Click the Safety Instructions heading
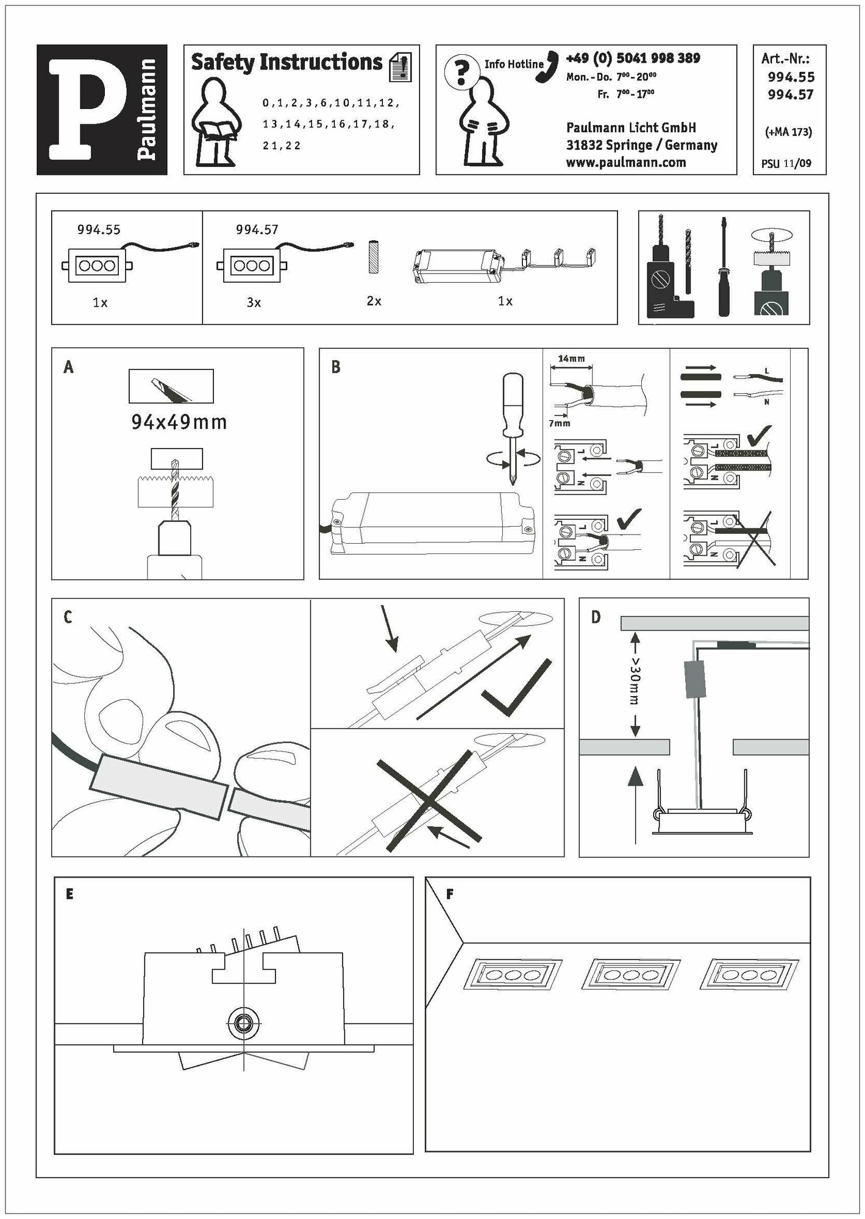tap(287, 62)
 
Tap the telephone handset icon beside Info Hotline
tap(547, 66)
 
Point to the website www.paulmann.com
tap(625, 163)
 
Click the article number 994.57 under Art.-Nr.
tap(791, 94)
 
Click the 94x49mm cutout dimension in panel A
tap(179, 422)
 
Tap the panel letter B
tap(336, 368)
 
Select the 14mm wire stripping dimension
tap(571, 358)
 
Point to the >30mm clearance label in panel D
tap(635, 680)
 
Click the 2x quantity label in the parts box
tap(374, 301)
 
